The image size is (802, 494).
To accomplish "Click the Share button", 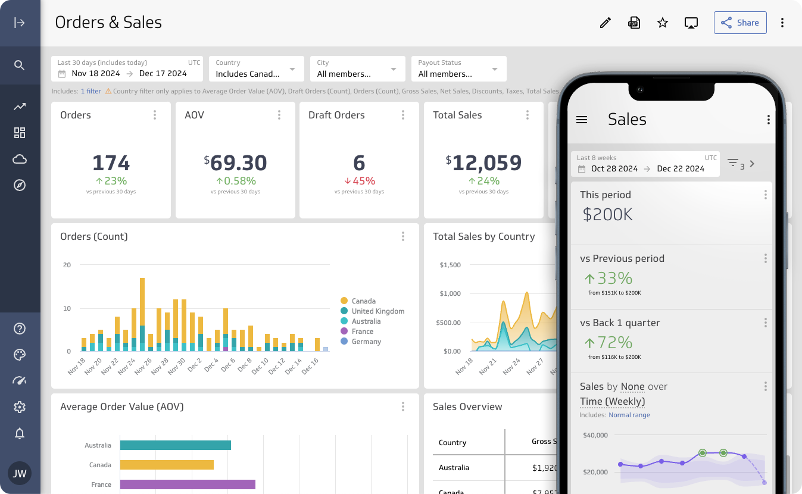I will click(740, 23).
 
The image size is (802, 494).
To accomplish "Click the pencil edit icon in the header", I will click(606, 23).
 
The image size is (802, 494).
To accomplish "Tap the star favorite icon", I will click(663, 23).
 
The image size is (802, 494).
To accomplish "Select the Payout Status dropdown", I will click(458, 69).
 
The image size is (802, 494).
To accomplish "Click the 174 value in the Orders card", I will click(111, 163).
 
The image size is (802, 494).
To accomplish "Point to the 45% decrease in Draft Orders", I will click(359, 181).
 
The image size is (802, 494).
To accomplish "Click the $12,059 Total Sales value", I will click(483, 163).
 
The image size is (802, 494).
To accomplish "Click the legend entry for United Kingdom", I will click(377, 311).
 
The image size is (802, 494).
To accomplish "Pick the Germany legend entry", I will click(366, 342).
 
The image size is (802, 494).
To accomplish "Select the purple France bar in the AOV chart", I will click(188, 484).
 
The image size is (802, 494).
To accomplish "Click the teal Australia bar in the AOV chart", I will click(175, 445).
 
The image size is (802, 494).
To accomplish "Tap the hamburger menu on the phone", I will click(582, 120).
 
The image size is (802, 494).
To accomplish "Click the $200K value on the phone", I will click(607, 214).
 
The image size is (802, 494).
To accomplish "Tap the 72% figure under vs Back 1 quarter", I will click(607, 342).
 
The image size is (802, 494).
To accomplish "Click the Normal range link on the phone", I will click(629, 415).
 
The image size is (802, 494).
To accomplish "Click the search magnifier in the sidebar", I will click(20, 65).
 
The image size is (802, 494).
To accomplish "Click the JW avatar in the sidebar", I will click(20, 474).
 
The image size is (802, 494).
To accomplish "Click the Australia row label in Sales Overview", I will click(454, 468).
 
